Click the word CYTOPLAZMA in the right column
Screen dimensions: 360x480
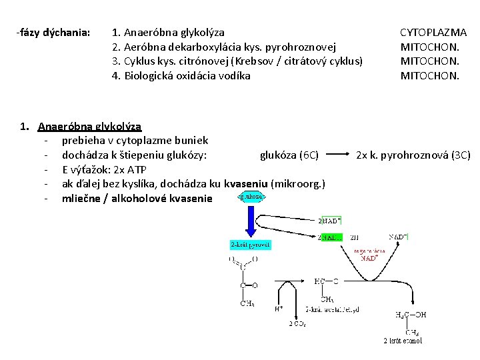[433, 32]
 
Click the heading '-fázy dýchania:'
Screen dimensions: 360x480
[53, 32]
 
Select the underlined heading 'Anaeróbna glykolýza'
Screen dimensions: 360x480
[89, 126]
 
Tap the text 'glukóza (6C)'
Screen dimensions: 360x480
[289, 155]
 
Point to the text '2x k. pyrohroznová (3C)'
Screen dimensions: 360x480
[413, 155]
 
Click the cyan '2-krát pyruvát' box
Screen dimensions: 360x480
[251, 245]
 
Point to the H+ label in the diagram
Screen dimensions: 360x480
[279, 309]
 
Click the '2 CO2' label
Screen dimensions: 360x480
[297, 323]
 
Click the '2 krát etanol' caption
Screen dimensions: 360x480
[403, 341]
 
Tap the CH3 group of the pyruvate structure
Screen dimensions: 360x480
[247, 304]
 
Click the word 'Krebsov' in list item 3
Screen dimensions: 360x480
[285, 61]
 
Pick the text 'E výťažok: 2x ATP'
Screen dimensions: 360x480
[104, 169]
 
